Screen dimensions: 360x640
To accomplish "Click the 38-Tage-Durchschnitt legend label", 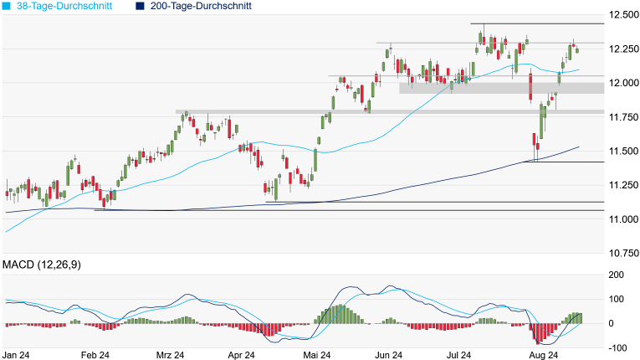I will pyautogui.click(x=66, y=6).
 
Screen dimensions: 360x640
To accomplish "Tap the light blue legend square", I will pyautogui.click(x=7, y=6).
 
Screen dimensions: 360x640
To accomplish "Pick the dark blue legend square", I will pyautogui.click(x=140, y=6).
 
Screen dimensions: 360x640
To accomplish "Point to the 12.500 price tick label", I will pyautogui.click(x=625, y=15).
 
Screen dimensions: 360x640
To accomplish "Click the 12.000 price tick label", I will pyautogui.click(x=625, y=83).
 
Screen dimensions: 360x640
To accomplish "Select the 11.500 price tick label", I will pyautogui.click(x=625, y=151).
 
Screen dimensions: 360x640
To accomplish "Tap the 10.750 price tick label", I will pyautogui.click(x=625, y=253).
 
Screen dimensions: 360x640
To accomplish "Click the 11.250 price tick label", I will pyautogui.click(x=625, y=185).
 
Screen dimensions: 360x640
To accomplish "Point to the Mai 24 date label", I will pyautogui.click(x=316, y=354).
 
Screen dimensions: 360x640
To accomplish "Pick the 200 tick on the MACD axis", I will pyautogui.click(x=617, y=275).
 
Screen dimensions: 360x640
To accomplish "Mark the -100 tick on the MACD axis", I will pyautogui.click(x=617, y=347).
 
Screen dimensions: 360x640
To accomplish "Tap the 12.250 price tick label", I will pyautogui.click(x=625, y=49).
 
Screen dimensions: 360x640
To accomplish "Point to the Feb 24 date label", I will pyautogui.click(x=94, y=354).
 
